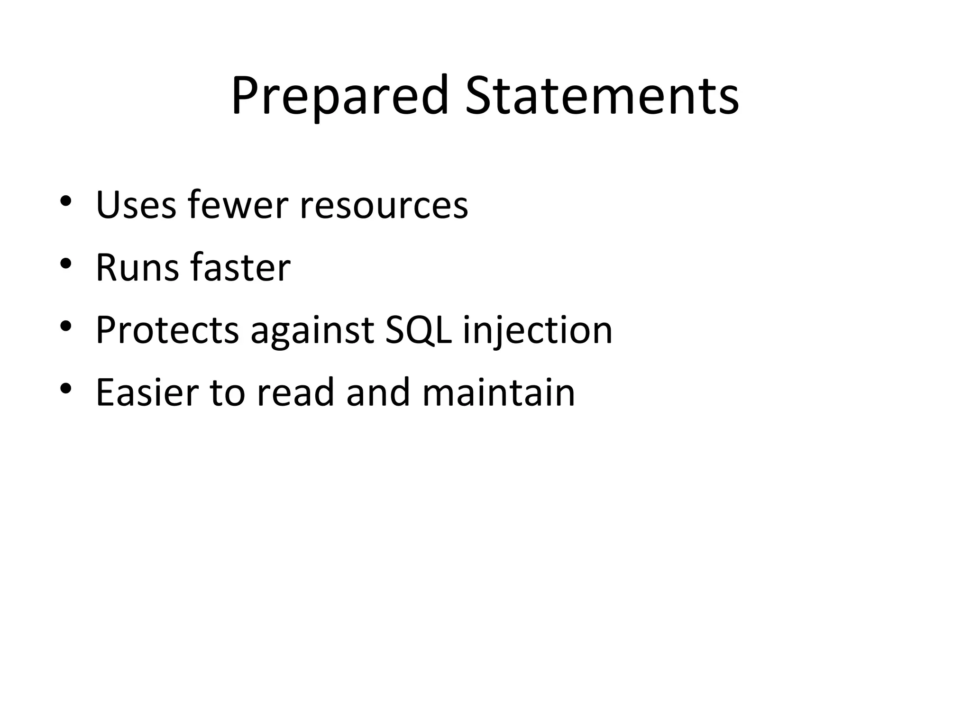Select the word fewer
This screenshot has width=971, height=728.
238,205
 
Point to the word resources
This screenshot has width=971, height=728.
384,205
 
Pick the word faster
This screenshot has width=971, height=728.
240,268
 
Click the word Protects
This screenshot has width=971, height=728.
167,330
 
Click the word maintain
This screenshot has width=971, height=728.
498,392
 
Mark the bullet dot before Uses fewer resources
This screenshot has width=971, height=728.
66,200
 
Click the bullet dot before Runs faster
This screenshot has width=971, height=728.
66,263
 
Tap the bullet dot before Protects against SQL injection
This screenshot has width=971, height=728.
66,326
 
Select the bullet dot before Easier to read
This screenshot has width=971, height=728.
66,388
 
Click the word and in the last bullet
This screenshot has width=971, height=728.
378,392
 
